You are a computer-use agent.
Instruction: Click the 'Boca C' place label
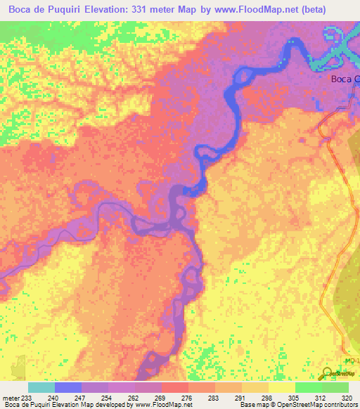coord(345,79)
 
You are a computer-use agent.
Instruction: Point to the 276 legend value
coord(174,398)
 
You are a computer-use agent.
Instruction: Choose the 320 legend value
coord(348,398)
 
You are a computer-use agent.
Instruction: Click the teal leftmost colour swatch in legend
coord(41,387)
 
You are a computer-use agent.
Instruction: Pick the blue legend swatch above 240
coord(68,387)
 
